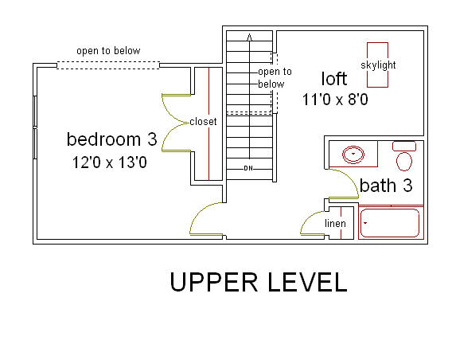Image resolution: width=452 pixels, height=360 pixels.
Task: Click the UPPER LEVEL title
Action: click(x=259, y=282)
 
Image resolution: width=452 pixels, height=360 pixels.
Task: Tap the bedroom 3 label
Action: click(x=112, y=139)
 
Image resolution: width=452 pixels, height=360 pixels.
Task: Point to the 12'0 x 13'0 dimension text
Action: click(x=110, y=162)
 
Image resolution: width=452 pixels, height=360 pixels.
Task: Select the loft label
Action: click(x=334, y=79)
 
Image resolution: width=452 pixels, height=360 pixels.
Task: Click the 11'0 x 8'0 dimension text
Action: click(x=335, y=100)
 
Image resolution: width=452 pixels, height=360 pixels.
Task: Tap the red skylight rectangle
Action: click(x=378, y=65)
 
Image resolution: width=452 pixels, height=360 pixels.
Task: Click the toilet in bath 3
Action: click(x=404, y=156)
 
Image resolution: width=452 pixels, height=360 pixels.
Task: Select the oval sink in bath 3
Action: click(x=353, y=155)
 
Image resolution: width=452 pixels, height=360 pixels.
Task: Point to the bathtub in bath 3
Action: click(x=391, y=222)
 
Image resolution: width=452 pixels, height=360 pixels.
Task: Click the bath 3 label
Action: click(x=386, y=186)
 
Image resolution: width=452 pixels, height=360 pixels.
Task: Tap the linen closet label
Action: click(x=335, y=223)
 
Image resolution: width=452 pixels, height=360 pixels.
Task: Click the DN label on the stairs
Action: click(x=248, y=168)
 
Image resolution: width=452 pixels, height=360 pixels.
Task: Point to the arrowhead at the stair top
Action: click(x=250, y=37)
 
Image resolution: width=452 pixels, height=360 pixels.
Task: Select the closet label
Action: click(x=203, y=121)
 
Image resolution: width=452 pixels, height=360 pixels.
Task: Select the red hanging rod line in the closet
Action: click(x=208, y=124)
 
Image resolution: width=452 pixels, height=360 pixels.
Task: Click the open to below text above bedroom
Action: click(x=108, y=51)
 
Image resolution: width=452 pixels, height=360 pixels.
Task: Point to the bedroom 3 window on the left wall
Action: click(x=35, y=127)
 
